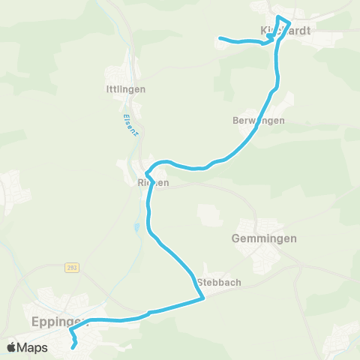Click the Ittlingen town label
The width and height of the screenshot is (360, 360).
pyautogui.click(x=125, y=89)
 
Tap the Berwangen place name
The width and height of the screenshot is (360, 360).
pyautogui.click(x=259, y=120)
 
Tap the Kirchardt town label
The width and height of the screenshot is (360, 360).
pyautogui.click(x=285, y=30)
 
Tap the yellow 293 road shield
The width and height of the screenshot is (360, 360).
pyautogui.click(x=71, y=268)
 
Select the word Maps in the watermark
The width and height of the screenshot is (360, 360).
pyautogui.click(x=34, y=347)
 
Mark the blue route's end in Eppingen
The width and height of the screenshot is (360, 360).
pyautogui.click(x=73, y=346)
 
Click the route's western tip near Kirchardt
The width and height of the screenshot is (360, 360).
pyautogui.click(x=220, y=38)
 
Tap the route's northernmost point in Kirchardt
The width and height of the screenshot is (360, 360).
pyautogui.click(x=278, y=16)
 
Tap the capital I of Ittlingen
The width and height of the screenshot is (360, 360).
pyautogui.click(x=108, y=89)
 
